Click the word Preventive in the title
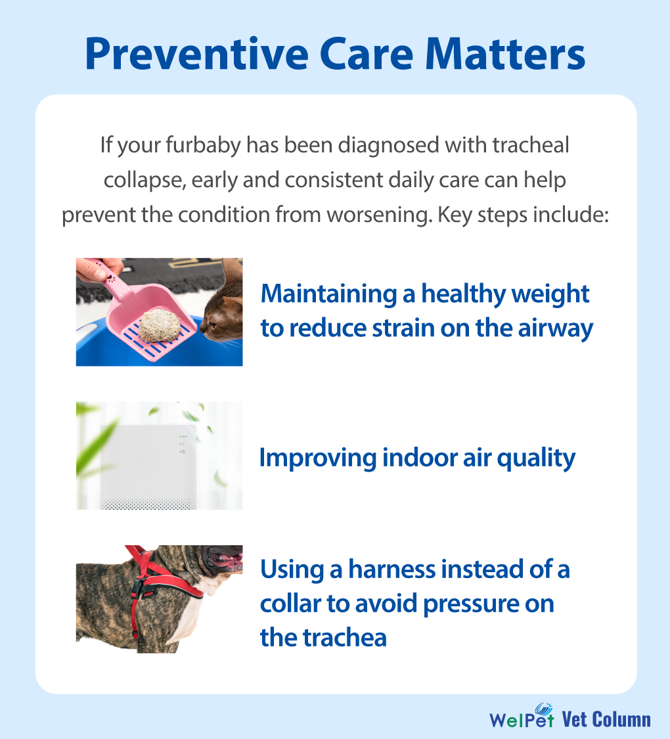coord(196,54)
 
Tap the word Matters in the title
coord(504,54)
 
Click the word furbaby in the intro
coord(203,146)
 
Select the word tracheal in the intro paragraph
coord(531,145)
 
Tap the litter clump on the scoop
coord(160,326)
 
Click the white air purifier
coord(148,466)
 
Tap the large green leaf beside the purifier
coord(96,448)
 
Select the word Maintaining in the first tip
coord(329,294)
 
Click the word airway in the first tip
coord(556,328)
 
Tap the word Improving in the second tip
coord(318,458)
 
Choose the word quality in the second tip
coord(536,458)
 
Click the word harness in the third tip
coord(392,569)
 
